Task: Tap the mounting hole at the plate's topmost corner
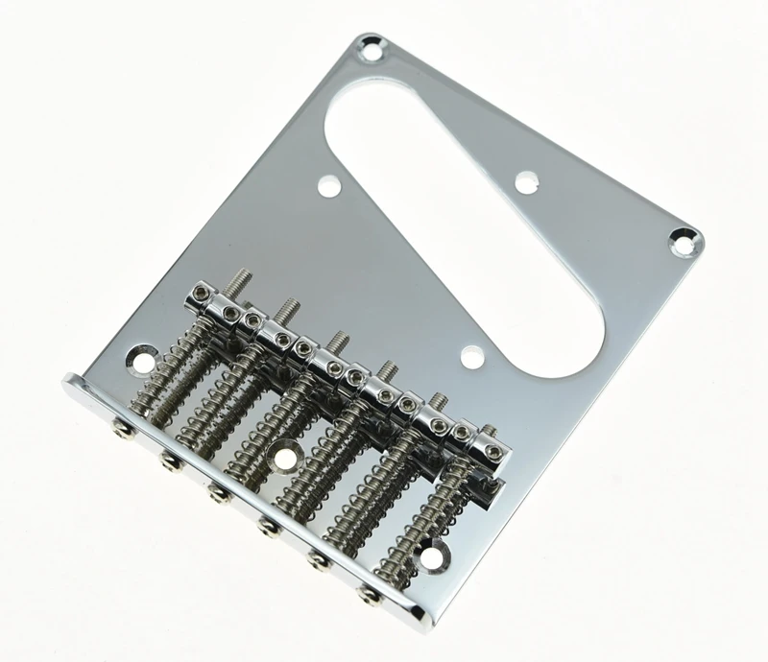[369, 43]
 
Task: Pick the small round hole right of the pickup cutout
[525, 179]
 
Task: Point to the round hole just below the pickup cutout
[470, 358]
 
